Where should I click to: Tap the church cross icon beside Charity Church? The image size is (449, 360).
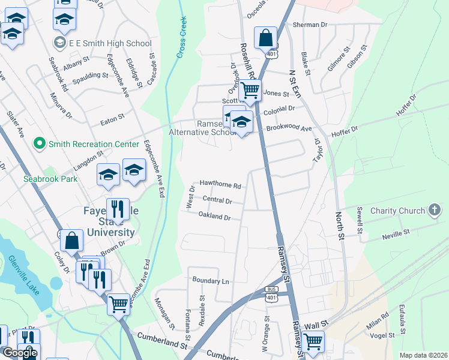pyautogui.click(x=435, y=211)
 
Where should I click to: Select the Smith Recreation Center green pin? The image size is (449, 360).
pyautogui.click(x=40, y=143)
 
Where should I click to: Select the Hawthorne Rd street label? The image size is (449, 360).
pyautogui.click(x=220, y=185)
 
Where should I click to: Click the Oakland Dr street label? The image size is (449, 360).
pyautogui.click(x=215, y=217)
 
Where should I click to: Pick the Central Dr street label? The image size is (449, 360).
pyautogui.click(x=217, y=200)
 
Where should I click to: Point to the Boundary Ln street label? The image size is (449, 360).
pyautogui.click(x=211, y=281)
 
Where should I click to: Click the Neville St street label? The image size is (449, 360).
pyautogui.click(x=396, y=232)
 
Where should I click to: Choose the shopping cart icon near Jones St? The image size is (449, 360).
pyautogui.click(x=250, y=91)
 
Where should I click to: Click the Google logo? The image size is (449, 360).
pyautogui.click(x=20, y=353)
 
